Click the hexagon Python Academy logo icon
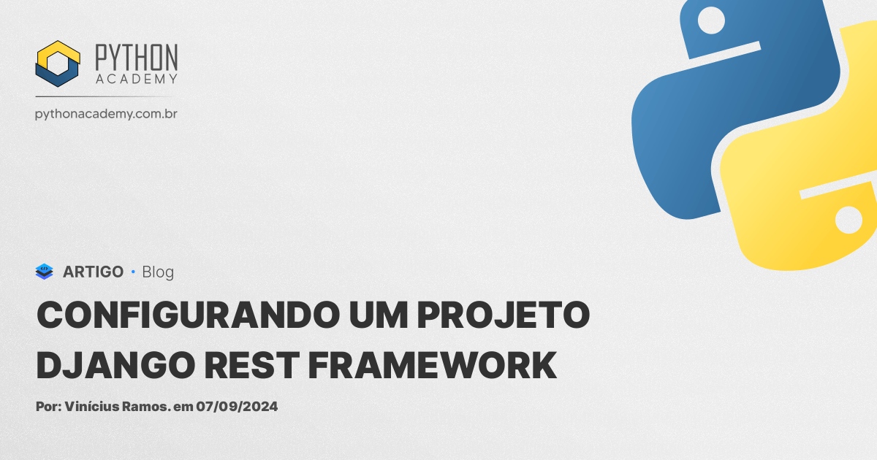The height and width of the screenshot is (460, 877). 58,64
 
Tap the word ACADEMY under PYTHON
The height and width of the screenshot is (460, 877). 136,79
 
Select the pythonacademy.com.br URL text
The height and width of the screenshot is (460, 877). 107,114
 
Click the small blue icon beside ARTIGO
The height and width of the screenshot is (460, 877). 45,272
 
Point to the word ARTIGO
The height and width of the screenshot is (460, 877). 93,272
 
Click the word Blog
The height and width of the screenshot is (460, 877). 158,272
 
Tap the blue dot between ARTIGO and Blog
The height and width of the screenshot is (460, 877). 133,272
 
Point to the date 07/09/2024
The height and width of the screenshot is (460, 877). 237,407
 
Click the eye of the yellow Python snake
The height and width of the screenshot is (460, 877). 848,219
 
